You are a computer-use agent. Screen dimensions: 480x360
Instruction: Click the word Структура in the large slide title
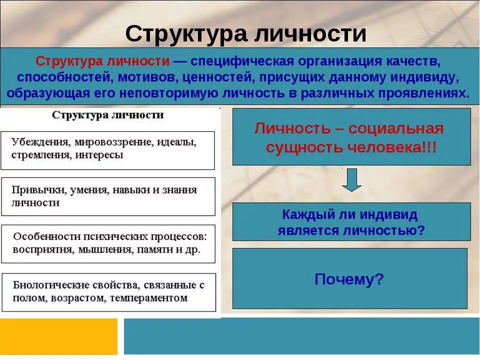(x=185, y=34)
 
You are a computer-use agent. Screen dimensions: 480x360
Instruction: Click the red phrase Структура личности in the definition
(x=102, y=61)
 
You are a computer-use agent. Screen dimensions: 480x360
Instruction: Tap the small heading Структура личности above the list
(x=108, y=115)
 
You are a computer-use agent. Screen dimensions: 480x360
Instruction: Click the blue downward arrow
(x=352, y=180)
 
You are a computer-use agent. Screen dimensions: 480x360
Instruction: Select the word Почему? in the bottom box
(x=349, y=279)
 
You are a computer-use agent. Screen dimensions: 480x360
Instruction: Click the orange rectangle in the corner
(x=58, y=336)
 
